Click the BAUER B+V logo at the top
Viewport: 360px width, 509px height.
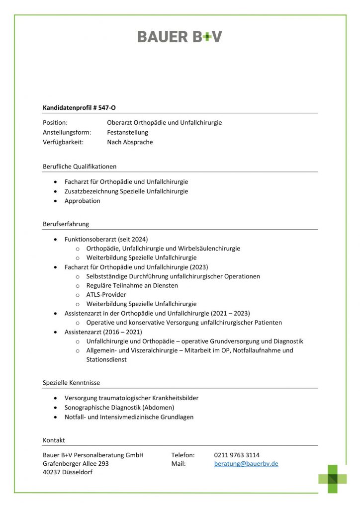pyautogui.click(x=180, y=36)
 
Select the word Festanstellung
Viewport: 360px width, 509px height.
pyautogui.click(x=127, y=132)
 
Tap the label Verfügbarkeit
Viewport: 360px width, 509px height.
pyautogui.click(x=63, y=142)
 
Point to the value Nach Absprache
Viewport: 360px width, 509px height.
pyautogui.click(x=130, y=142)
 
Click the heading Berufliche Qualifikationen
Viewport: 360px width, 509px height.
pyautogui.click(x=80, y=167)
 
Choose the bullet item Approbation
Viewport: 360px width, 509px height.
pyautogui.click(x=82, y=201)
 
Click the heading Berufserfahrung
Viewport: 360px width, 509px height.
pyautogui.click(x=66, y=224)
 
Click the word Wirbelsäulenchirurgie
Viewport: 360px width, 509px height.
pyautogui.click(x=210, y=249)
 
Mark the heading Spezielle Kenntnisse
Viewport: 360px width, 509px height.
pyautogui.click(x=72, y=383)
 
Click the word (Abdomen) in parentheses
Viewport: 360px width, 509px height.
pyautogui.click(x=158, y=408)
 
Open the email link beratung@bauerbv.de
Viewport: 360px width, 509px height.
pyautogui.click(x=246, y=464)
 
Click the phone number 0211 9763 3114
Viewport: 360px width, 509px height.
pyautogui.click(x=237, y=455)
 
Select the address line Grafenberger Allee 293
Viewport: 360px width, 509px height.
pyautogui.click(x=76, y=464)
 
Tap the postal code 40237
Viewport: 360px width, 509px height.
pyautogui.click(x=52, y=472)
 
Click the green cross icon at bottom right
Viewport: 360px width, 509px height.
pyautogui.click(x=333, y=479)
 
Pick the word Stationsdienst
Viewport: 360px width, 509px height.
pyautogui.click(x=106, y=359)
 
